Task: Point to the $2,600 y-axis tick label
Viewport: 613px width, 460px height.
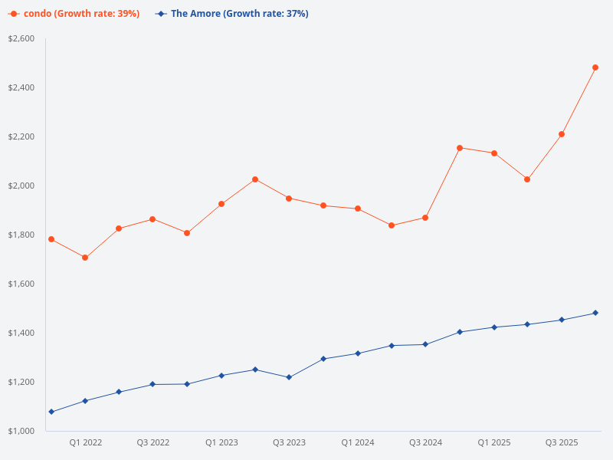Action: point(21,38)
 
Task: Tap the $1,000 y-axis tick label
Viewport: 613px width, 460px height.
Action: point(21,431)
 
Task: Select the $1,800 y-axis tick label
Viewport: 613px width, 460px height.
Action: point(21,235)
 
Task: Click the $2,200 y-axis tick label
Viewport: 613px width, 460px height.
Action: point(21,136)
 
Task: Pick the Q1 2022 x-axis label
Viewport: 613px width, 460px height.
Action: point(85,442)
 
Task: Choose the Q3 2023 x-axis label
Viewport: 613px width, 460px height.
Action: point(289,442)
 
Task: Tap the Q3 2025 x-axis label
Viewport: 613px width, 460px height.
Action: point(562,442)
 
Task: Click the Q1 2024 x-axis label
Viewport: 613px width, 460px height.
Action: point(357,442)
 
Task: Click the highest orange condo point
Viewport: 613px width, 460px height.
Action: point(595,67)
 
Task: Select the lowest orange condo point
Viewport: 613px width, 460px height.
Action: point(85,258)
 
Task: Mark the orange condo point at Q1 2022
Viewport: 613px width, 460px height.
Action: point(85,258)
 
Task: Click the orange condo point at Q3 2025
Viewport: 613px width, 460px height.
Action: point(562,134)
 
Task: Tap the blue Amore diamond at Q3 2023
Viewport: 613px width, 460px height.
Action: point(289,377)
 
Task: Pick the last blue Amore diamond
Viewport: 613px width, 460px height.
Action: point(595,313)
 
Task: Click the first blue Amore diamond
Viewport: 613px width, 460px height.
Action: point(51,412)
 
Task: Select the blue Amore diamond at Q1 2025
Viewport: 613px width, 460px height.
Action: point(494,327)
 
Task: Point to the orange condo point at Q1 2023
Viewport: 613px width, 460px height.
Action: point(221,204)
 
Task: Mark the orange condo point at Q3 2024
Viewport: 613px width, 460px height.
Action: point(425,218)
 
